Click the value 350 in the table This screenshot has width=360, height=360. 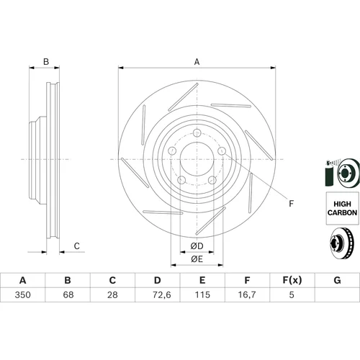pos(23,294)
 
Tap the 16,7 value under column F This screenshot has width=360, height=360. pos(247,294)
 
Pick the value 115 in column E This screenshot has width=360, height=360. pos(202,294)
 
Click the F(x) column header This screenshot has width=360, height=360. pos(292,280)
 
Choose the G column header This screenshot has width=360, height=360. pos(337,280)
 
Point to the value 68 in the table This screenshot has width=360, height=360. pos(68,294)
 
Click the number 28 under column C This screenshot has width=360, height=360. pos(112,294)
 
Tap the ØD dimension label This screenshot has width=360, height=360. pos(197,246)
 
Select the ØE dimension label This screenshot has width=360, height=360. pos(197,259)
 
